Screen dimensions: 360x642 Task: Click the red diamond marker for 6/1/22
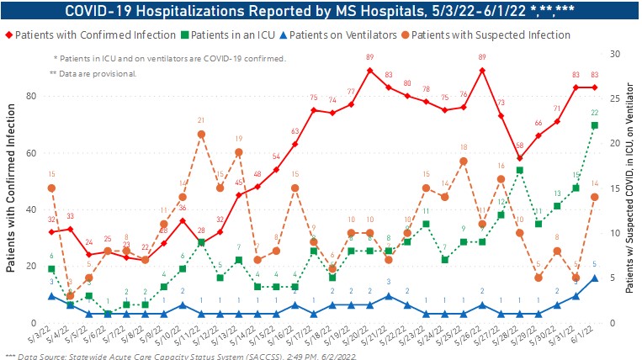pos(594,87)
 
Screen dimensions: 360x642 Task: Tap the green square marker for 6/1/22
pos(594,125)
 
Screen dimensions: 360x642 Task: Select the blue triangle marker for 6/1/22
pos(594,278)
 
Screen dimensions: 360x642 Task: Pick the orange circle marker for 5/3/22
pos(51,188)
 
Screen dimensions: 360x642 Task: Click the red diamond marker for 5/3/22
pos(51,232)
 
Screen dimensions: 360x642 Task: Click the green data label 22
pos(594,113)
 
